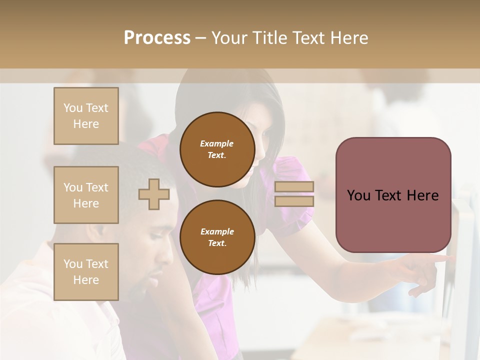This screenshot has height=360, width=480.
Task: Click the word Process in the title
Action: pyautogui.click(x=157, y=37)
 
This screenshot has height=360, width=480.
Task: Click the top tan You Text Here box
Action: pyautogui.click(x=86, y=116)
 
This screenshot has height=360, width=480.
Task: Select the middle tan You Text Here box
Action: pyautogui.click(x=86, y=195)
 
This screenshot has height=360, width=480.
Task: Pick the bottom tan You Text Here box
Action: pyautogui.click(x=86, y=271)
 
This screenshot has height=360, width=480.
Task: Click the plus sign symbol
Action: pyautogui.click(x=154, y=194)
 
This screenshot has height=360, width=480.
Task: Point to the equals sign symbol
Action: pyautogui.click(x=294, y=194)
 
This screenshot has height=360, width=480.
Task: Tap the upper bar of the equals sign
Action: pyautogui.click(x=294, y=186)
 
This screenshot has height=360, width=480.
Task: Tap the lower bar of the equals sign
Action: pyautogui.click(x=294, y=201)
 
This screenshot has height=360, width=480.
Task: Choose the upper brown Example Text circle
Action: pyautogui.click(x=217, y=149)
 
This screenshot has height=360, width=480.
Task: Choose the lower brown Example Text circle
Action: pyautogui.click(x=217, y=237)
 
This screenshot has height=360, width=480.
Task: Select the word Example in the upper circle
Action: pyautogui.click(x=217, y=143)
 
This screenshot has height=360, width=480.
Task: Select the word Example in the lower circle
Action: pyautogui.click(x=217, y=231)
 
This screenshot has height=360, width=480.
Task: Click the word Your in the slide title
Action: pyautogui.click(x=231, y=37)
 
